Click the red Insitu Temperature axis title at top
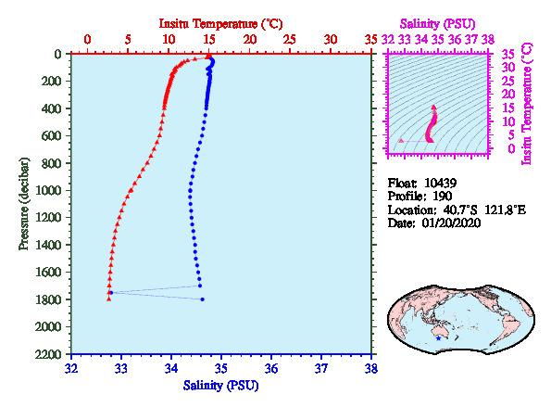pos(220,24)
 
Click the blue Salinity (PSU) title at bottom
pos(220,386)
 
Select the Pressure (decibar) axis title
pos(24,204)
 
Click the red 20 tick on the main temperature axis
pos(249,39)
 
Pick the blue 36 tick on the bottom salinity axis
pos(271,369)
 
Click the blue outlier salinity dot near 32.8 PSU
pos(111,292)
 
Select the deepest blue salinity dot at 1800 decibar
pos(203,299)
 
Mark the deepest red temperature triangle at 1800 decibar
pos(108,299)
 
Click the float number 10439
pos(440,184)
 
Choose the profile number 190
pos(443,197)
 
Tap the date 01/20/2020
pos(451,223)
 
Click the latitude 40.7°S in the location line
pos(460,210)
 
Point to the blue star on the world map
pos(438,338)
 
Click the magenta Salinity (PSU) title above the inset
pos(437,24)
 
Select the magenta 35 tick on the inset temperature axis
pos(507,55)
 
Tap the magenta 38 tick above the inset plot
pos(488,39)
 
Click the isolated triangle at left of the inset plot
pos(401,141)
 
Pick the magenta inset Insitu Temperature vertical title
pos(527,104)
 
